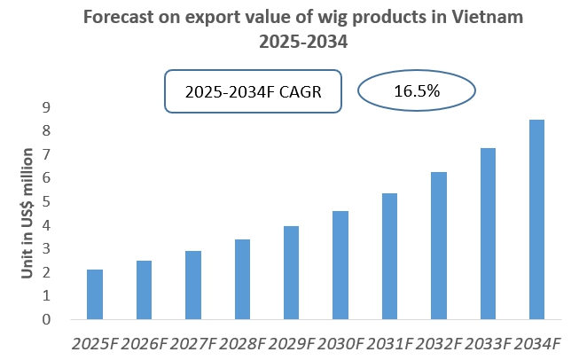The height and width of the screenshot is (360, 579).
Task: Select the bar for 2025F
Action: click(x=95, y=294)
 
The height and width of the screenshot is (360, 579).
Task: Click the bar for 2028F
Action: click(x=242, y=279)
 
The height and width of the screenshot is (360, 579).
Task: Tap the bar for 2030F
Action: click(x=340, y=265)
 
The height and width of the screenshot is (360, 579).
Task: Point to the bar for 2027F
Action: click(x=193, y=286)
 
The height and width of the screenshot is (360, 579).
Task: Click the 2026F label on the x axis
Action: click(x=144, y=342)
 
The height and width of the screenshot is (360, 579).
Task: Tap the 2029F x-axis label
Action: click(x=291, y=342)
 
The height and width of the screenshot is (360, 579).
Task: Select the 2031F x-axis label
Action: click(x=389, y=342)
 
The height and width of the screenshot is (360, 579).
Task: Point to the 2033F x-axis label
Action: click(x=487, y=342)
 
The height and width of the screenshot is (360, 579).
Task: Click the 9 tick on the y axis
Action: click(x=47, y=107)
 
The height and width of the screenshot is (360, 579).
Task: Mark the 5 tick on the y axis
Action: click(x=47, y=201)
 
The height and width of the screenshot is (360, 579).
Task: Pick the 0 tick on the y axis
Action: click(x=47, y=319)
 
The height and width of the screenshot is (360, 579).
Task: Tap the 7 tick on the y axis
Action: click(x=47, y=154)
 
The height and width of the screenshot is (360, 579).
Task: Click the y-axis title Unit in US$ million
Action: click(x=27, y=213)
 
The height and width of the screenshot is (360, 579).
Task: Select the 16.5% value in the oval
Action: click(x=416, y=90)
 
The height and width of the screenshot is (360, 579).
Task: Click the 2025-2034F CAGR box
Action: click(x=253, y=91)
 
